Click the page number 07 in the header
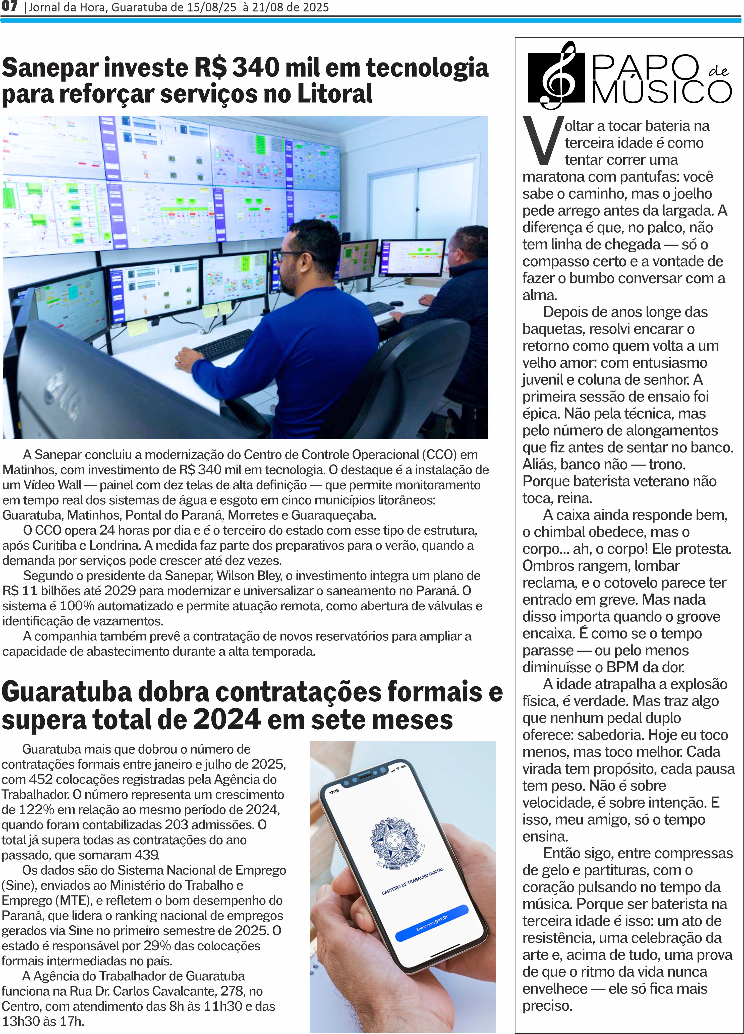9,6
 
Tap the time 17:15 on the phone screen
334,792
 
